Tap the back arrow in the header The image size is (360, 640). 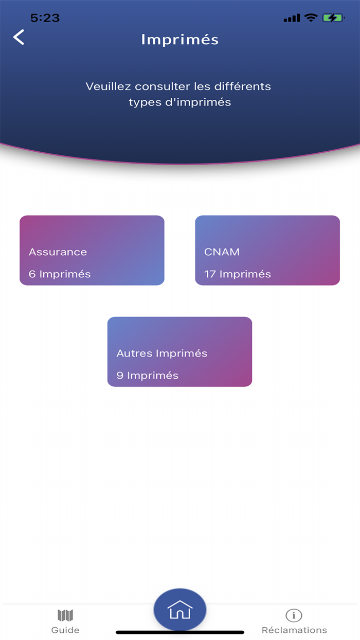tap(19, 37)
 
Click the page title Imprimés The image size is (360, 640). tap(179, 40)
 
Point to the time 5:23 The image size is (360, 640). tap(45, 18)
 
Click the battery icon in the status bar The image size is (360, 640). tap(333, 18)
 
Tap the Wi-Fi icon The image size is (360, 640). tap(311, 17)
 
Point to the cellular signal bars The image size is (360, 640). tap(292, 18)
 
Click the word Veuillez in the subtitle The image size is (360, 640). tap(109, 86)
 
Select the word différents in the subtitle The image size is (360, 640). tap(243, 86)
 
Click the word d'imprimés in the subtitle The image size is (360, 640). tap(198, 102)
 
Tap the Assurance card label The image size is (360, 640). tap(58, 252)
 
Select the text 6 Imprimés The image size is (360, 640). tap(60, 274)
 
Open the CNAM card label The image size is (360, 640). tap(222, 252)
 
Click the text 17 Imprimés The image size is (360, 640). tap(238, 274)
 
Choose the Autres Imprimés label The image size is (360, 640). tap(161, 353)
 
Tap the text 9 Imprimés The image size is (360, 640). tap(147, 376)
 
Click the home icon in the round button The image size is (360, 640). tap(179, 610)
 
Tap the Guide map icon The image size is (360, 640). tap(65, 615)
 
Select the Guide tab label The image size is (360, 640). tap(65, 630)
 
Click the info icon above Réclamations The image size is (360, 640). tap(294, 615)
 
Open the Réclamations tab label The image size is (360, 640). tap(294, 630)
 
